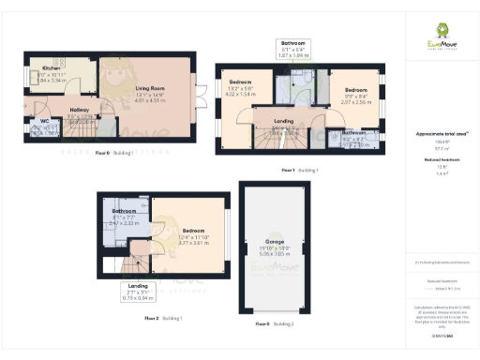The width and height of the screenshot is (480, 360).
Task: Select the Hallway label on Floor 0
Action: [x=79, y=110]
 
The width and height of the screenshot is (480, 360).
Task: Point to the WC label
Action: [x=43, y=127]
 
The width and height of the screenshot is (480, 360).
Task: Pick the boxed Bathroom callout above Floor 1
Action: [x=294, y=44]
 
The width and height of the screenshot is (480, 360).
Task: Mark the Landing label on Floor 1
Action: [x=284, y=121]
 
